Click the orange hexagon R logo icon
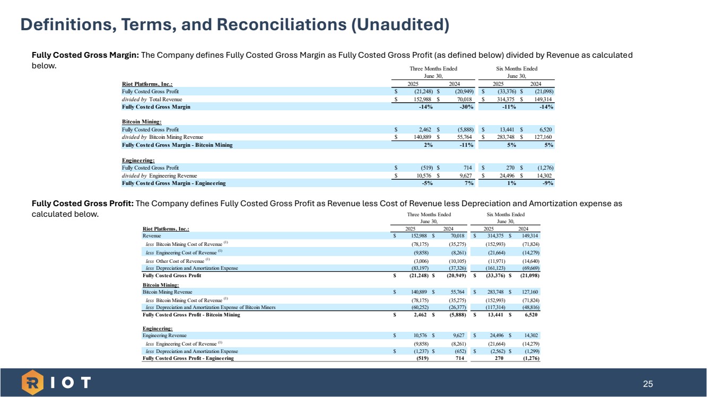pos(33,382)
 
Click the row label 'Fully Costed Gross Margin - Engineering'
pos(173,183)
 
